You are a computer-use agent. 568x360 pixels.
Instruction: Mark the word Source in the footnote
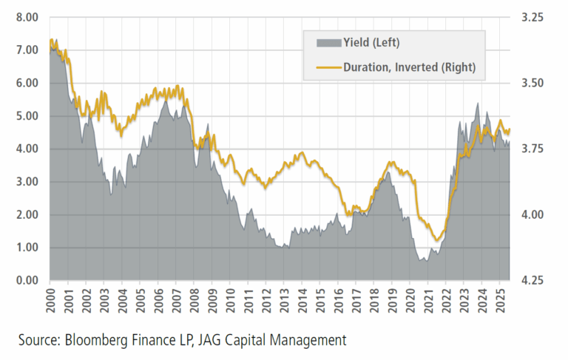38,341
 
